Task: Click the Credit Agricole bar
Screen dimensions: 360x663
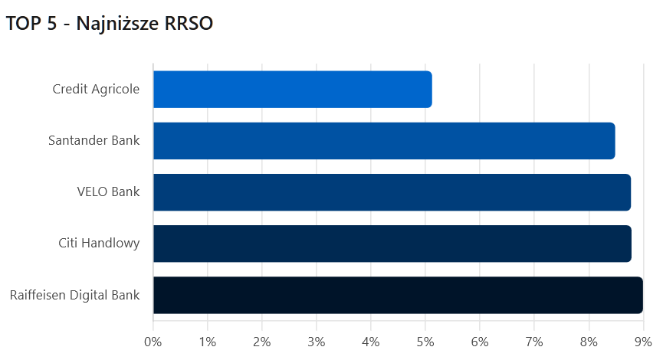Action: (292, 90)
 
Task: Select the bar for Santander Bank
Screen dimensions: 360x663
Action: (383, 141)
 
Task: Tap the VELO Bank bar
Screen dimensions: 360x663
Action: (392, 192)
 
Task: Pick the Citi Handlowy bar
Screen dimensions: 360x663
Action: (392, 244)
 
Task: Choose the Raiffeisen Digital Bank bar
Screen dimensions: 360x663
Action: (398, 295)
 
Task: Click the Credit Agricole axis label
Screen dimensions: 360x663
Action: (96, 90)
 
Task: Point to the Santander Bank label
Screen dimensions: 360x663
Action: (94, 141)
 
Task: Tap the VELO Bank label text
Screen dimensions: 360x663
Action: (108, 192)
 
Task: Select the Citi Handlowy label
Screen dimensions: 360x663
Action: (99, 244)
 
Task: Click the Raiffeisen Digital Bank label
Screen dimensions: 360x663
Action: (75, 295)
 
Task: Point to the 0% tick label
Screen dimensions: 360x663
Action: (153, 341)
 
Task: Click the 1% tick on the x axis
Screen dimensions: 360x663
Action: (208, 341)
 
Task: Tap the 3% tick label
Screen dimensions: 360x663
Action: (317, 341)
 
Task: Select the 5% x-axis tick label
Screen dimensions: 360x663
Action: (425, 341)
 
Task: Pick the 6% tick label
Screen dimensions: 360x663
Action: (480, 341)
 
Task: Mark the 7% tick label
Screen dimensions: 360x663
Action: (534, 341)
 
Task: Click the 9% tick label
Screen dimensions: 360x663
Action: (643, 341)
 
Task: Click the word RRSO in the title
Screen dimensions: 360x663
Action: (189, 25)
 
